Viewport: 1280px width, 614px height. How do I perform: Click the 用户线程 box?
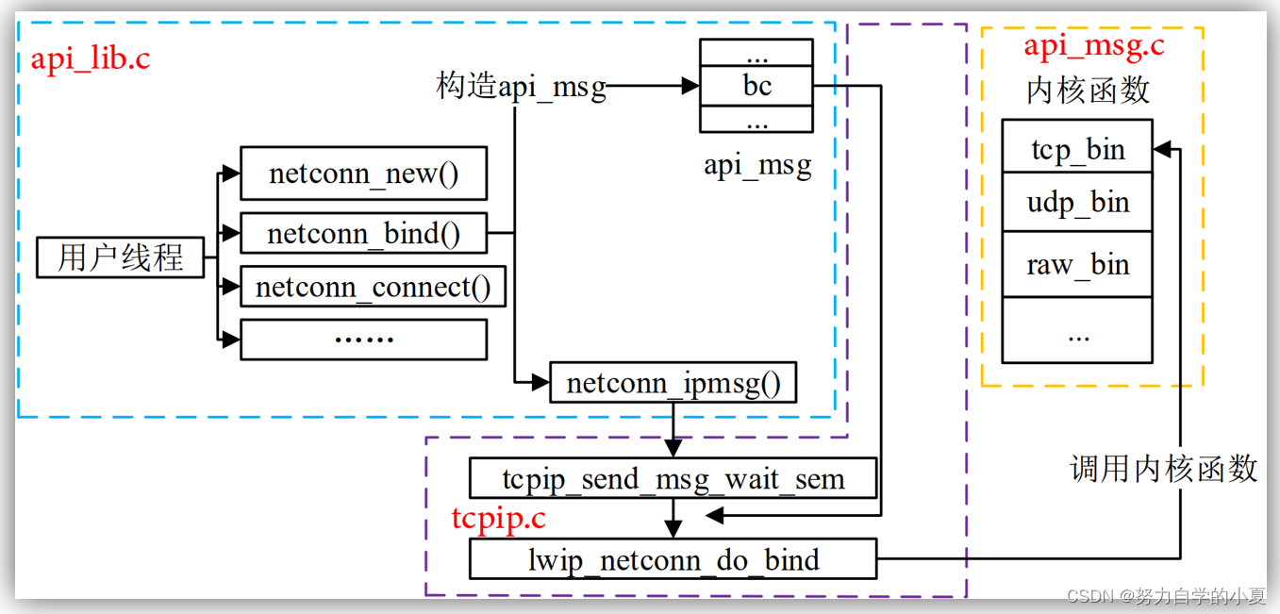tap(120, 257)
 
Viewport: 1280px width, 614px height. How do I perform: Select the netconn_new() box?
tap(363, 174)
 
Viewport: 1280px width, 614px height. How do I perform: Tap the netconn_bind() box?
tap(363, 233)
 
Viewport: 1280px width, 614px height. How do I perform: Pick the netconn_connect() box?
tap(373, 287)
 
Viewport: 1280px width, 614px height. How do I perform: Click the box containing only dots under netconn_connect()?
tap(363, 340)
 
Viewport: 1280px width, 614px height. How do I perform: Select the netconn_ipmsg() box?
tap(673, 383)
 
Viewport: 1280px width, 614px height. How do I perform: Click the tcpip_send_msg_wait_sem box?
tap(673, 479)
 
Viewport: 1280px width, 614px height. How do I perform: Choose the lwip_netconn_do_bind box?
tap(673, 559)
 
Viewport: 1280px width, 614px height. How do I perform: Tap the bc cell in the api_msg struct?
tap(756, 86)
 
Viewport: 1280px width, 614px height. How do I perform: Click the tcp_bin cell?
tap(1076, 148)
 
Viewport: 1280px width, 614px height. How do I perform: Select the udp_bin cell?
tap(1076, 202)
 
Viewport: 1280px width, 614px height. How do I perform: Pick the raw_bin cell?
tap(1076, 264)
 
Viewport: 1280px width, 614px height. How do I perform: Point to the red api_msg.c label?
tap(1094, 45)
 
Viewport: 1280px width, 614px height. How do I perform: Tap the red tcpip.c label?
tap(498, 518)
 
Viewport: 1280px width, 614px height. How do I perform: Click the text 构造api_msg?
tap(521, 86)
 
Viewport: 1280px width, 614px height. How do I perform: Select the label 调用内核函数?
tap(1163, 468)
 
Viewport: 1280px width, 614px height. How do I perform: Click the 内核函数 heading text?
tap(1088, 91)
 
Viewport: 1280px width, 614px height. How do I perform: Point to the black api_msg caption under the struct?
tap(756, 166)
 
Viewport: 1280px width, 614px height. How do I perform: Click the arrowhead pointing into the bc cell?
tap(691, 86)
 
